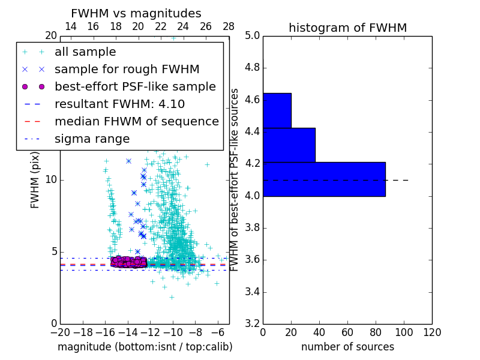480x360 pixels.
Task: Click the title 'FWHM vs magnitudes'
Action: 136,14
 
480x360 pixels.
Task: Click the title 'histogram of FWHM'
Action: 347,28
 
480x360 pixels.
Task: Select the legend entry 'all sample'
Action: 85,52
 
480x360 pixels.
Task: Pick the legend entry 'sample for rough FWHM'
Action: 127,70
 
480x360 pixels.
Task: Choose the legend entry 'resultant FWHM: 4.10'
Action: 119,104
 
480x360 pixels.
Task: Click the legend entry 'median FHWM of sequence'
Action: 137,122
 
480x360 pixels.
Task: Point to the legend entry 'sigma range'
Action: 92,139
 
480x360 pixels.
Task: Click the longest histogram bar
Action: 324,179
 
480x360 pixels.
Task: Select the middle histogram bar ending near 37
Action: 289,145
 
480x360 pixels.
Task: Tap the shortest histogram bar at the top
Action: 277,110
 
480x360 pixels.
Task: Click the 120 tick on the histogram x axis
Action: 432,332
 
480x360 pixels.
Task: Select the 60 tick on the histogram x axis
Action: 347,332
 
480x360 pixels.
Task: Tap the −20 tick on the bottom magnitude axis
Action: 60,332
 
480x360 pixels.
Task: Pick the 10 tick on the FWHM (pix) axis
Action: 51,180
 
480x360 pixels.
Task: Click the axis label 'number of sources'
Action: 347,347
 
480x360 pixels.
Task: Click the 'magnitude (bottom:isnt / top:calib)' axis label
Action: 145,347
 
